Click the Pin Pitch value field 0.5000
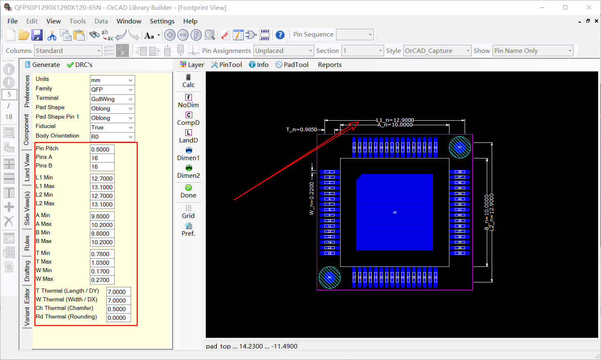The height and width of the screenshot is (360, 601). pos(102,149)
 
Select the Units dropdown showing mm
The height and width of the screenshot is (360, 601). pos(112,80)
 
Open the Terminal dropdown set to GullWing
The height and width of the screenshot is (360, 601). pos(112,99)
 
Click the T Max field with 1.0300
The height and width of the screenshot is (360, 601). pos(102,263)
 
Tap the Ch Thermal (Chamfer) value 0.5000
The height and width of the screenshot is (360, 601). pos(118,309)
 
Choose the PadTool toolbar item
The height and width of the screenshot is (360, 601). pos(292,65)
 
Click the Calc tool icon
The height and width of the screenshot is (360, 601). pos(189,81)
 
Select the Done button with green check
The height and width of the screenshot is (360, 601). pos(189,191)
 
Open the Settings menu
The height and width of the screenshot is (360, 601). pos(162,21)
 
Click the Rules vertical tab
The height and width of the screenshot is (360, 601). pos(27,243)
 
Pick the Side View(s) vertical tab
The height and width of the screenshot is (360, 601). pos(27,208)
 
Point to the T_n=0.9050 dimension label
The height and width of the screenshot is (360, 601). pos(302,130)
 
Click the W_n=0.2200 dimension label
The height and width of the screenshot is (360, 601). pos(311,198)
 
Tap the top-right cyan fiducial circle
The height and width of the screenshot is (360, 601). pos(460,147)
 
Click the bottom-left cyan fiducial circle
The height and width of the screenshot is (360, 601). pos(329,277)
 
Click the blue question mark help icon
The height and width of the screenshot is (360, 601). pos(280,35)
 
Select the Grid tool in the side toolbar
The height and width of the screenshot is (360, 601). pos(189,211)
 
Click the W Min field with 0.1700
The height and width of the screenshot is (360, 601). pos(102,271)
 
